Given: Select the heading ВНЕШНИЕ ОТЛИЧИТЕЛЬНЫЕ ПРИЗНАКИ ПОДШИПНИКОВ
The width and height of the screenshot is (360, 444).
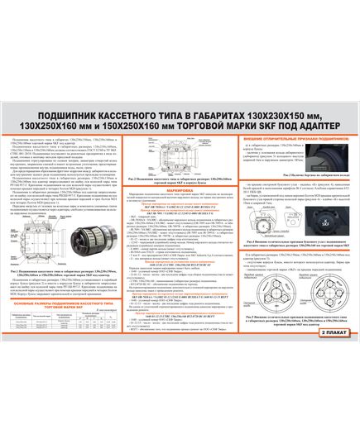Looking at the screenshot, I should pyautogui.click(x=285, y=126).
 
